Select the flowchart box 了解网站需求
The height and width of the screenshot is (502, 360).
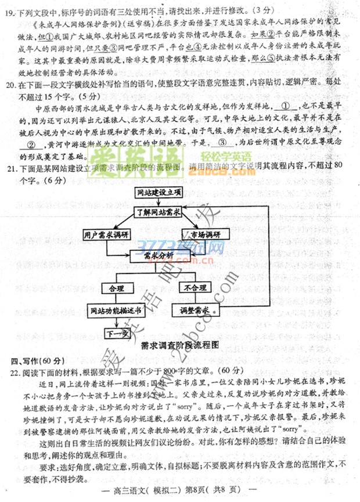tap(158, 212)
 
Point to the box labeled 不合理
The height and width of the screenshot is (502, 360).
tap(195, 288)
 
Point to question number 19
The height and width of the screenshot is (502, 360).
tap(9, 10)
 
